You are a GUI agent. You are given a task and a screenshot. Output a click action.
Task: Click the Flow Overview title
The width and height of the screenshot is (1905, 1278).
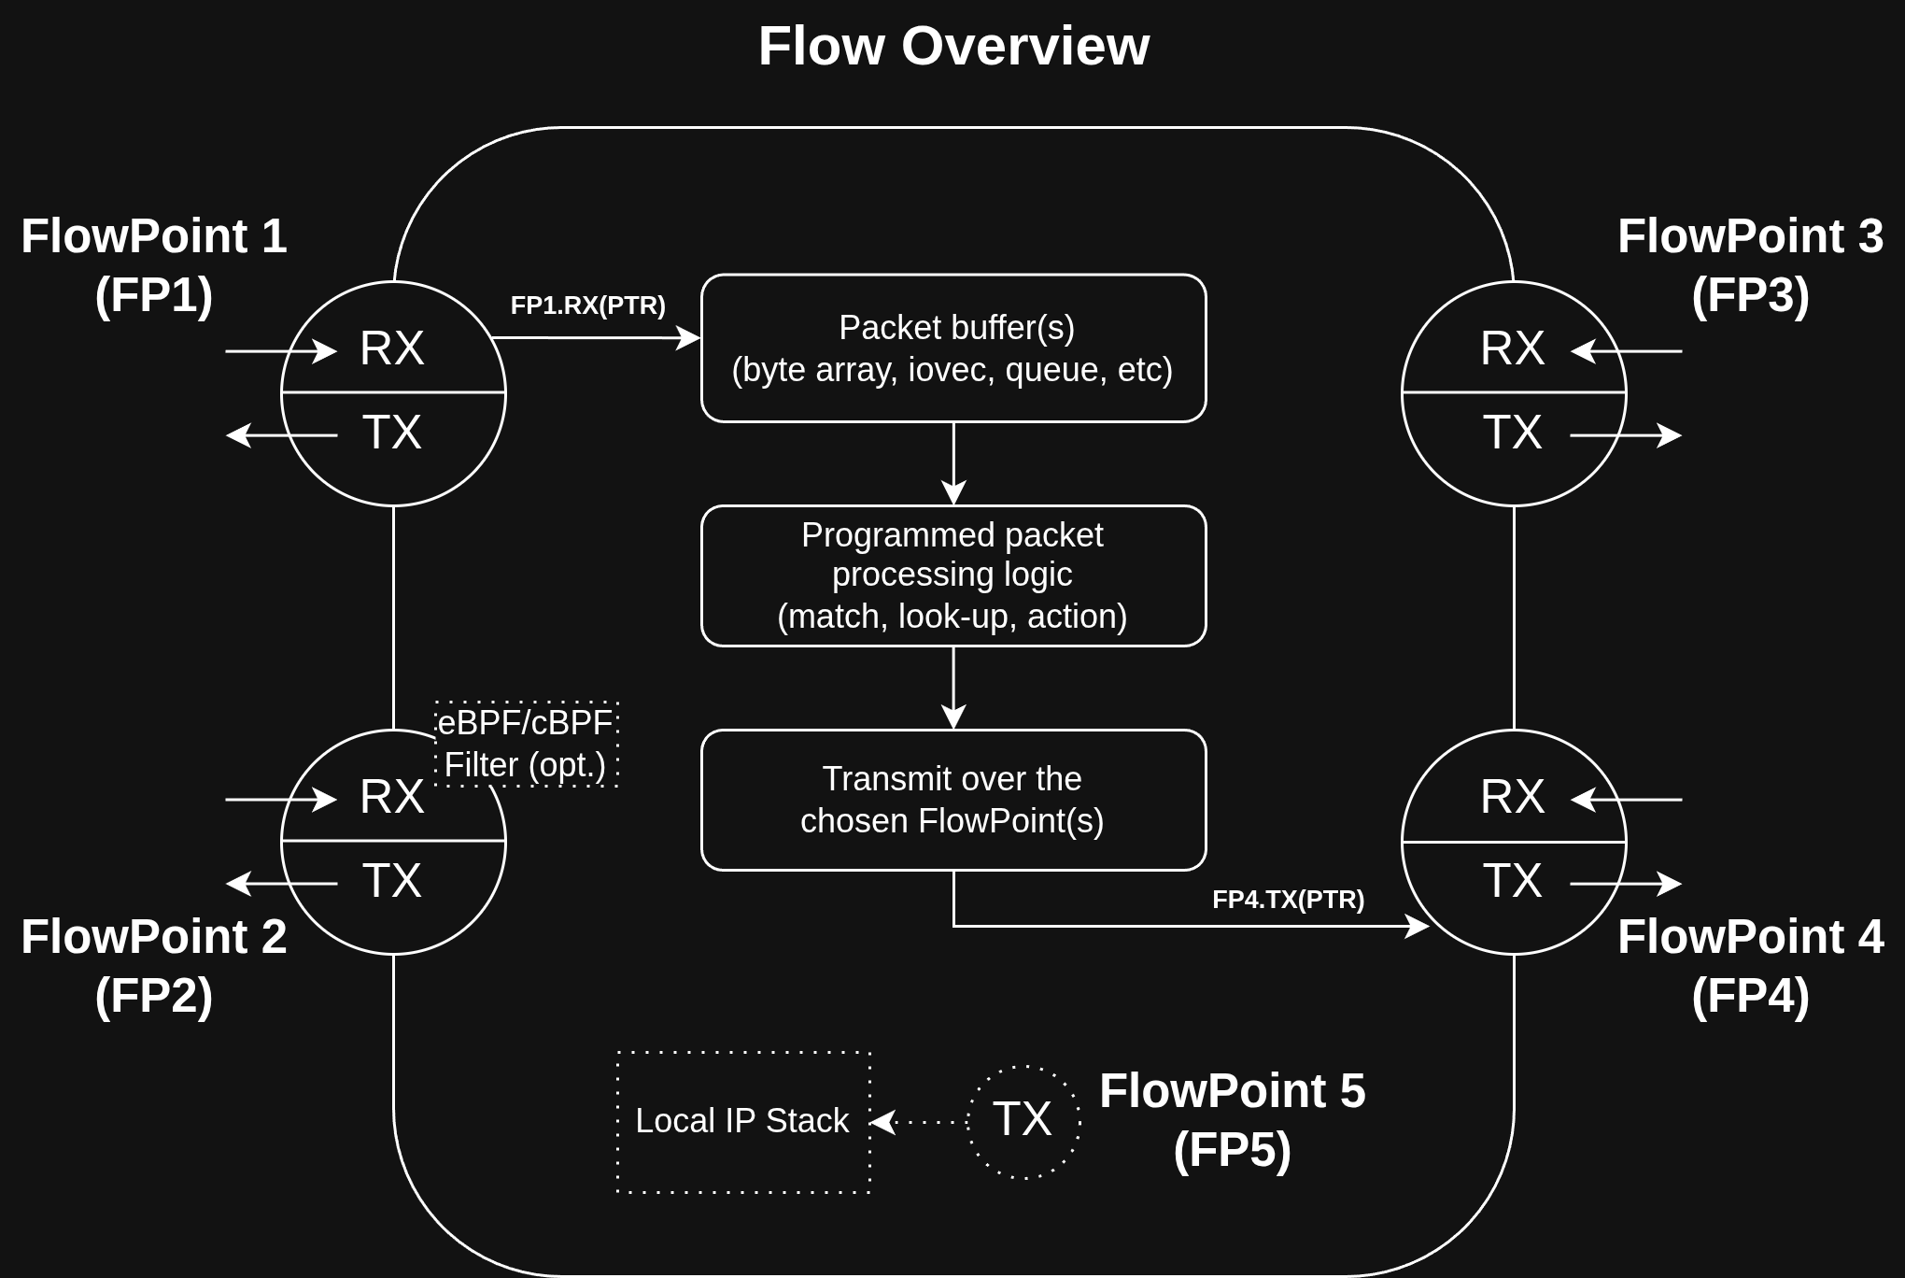coord(953,47)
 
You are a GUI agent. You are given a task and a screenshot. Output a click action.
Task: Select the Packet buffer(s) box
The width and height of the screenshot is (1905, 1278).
coord(952,348)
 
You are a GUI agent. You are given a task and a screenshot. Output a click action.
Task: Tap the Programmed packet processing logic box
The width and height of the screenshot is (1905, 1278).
coord(952,575)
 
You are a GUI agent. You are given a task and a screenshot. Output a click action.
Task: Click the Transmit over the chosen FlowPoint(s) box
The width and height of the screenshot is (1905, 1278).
coord(952,800)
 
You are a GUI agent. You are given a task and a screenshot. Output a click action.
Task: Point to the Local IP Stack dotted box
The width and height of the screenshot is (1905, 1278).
coord(743,1122)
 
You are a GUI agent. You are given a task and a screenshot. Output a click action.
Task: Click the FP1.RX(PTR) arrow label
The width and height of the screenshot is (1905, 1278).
coord(587,305)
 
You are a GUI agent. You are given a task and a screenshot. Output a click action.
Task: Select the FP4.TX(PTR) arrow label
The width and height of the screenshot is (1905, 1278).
coord(1288,900)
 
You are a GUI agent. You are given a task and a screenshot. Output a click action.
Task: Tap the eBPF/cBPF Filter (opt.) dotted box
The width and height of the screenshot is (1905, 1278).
coord(526,745)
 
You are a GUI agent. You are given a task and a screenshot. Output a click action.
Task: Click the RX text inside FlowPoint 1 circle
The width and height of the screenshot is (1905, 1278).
coord(392,348)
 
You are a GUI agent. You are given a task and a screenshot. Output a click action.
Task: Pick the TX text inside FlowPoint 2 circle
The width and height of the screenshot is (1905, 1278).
coord(392,881)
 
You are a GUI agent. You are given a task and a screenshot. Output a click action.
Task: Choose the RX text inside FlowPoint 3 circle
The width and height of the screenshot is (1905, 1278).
coord(1512,348)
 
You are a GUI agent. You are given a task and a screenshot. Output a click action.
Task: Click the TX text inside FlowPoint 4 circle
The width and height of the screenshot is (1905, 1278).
coord(1512,881)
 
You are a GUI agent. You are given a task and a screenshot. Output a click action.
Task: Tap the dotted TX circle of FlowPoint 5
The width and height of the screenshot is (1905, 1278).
coord(1023,1120)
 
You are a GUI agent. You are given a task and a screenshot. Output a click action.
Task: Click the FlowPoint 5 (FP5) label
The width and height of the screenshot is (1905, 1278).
coord(1232,1120)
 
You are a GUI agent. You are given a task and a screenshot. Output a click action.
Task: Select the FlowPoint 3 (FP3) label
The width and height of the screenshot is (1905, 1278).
coord(1750,265)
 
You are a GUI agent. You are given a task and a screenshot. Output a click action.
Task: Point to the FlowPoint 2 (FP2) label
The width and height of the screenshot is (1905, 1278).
coord(154,966)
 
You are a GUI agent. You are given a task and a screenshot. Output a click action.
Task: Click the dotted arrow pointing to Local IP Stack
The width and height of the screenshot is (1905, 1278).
coord(919,1122)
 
